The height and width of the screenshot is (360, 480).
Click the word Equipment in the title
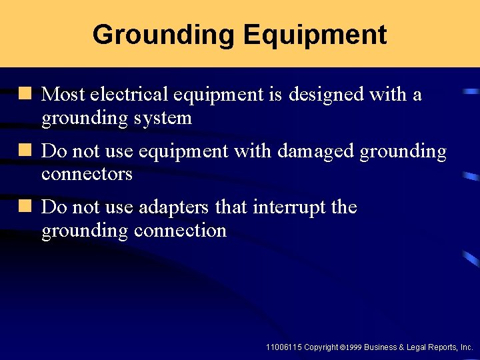(315, 35)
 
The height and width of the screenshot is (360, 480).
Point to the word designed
(326, 95)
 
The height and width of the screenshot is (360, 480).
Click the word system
(163, 119)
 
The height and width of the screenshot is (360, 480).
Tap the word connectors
(87, 175)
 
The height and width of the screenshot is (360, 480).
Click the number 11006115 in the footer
(283, 347)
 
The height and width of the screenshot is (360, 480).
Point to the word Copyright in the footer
(321, 347)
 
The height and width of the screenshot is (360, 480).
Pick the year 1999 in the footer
(353, 348)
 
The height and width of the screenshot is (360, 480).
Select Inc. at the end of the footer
(467, 347)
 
